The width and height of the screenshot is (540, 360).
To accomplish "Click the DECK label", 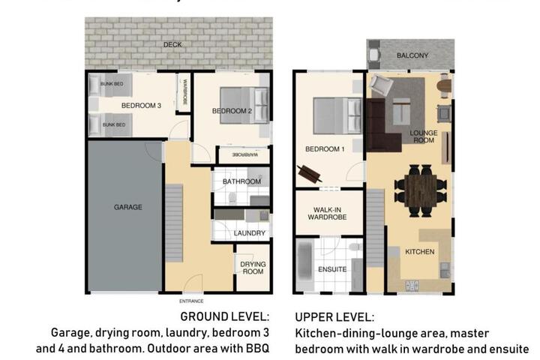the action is pos(172,45).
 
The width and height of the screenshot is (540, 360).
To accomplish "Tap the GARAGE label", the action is pos(128,207).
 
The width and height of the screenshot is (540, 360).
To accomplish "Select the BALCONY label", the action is pos(412,55).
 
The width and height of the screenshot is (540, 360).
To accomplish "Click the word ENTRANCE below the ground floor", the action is pos(191,301).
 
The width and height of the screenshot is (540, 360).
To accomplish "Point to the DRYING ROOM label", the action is pos(253,268).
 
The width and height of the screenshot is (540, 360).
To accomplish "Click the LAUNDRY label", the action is pos(250,233).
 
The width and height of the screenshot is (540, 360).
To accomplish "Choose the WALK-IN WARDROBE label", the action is pos(327,213).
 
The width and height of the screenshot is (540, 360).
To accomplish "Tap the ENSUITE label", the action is pos(332,269).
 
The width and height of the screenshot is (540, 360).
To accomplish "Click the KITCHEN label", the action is pos(420,252).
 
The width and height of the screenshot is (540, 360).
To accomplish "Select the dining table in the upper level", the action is pos(421,190).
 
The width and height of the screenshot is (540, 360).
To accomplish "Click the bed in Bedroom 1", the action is pos(337,115).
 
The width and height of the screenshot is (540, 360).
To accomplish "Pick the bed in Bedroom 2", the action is pos(244,105).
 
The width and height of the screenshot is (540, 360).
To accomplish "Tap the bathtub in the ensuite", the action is pos(304,264).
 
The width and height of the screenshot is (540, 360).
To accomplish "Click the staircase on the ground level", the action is pos(174,223).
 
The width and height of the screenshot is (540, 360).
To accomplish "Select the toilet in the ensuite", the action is pos(355,247).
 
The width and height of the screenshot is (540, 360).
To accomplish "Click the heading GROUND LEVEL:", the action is pos(224,316).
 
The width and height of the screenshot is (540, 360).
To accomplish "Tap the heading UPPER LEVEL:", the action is pos(334,317).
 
